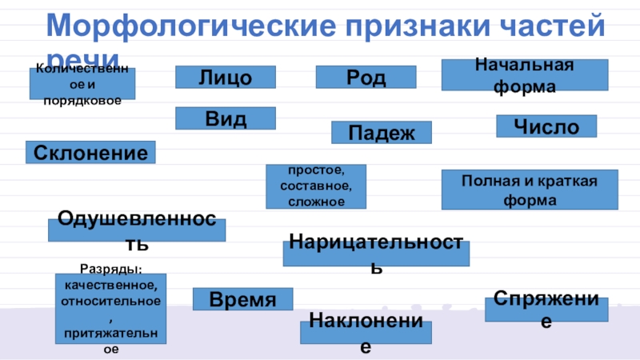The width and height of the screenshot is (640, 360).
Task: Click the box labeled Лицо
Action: [x=226, y=78]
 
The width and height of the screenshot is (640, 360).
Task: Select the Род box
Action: [x=366, y=78]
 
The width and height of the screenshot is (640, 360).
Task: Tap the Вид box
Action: [x=226, y=118]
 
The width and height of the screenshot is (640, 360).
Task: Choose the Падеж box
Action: [x=382, y=133]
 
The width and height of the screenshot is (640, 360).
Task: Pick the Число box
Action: [x=546, y=126]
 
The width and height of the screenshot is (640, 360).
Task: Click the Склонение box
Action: [x=90, y=153]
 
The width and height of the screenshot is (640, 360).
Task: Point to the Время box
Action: [x=242, y=300]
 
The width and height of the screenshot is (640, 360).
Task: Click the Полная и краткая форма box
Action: [x=530, y=190]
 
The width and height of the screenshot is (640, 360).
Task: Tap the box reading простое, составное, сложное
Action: [x=316, y=186]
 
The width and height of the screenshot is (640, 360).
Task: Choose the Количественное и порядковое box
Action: [x=82, y=84]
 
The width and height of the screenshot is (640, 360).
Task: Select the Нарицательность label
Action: [x=376, y=254]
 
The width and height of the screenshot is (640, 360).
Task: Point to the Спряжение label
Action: [x=546, y=310]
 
